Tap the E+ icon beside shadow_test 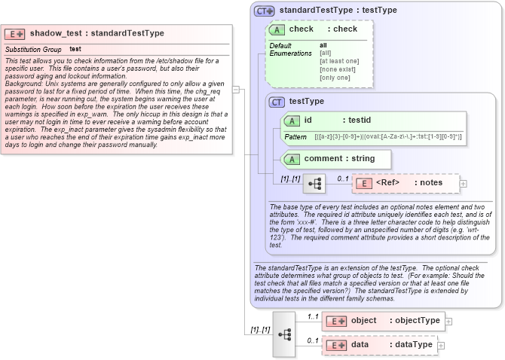(x=15, y=34)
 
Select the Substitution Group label (x=33, y=49)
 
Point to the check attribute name (x=301, y=29)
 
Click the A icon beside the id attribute (x=291, y=120)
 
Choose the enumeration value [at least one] (x=339, y=61)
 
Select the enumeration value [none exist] (x=337, y=69)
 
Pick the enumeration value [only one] (x=335, y=78)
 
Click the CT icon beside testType (x=277, y=101)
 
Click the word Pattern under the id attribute (x=295, y=137)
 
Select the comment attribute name (x=323, y=158)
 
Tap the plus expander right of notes (x=464, y=183)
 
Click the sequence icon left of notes (x=314, y=183)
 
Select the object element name (x=363, y=321)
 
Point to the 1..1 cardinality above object (x=314, y=316)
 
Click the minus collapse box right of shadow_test (x=236, y=89)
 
